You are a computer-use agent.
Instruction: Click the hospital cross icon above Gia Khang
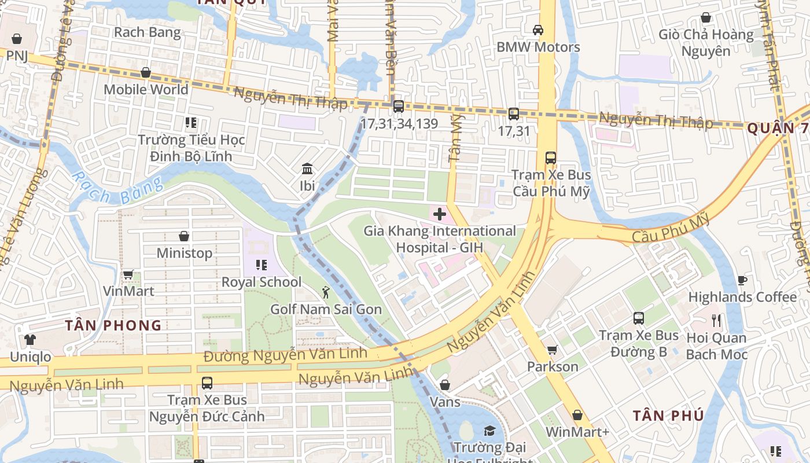tap(439, 214)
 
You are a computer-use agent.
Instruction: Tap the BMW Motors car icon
tap(537, 30)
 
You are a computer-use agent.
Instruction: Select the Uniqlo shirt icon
tap(30, 340)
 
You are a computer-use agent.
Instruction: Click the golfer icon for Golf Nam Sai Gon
tap(326, 292)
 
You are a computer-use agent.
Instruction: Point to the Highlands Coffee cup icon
tap(742, 280)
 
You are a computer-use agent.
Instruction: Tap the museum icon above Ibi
tap(307, 169)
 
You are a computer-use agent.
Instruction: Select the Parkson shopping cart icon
tap(552, 350)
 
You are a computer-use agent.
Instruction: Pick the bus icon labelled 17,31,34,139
tap(398, 106)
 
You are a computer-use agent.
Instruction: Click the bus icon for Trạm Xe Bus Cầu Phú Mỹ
tap(550, 158)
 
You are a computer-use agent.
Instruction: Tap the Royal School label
tap(262, 282)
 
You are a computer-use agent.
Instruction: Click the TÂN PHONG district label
tap(113, 325)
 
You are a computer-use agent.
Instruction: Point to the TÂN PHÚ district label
tap(668, 416)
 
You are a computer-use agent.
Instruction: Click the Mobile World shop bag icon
tap(145, 73)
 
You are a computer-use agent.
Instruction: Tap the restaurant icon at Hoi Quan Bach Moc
tap(716, 321)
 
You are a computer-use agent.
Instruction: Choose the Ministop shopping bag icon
tap(184, 236)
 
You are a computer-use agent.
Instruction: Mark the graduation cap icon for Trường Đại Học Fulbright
tap(489, 431)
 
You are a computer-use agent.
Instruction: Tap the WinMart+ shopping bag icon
tap(577, 415)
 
